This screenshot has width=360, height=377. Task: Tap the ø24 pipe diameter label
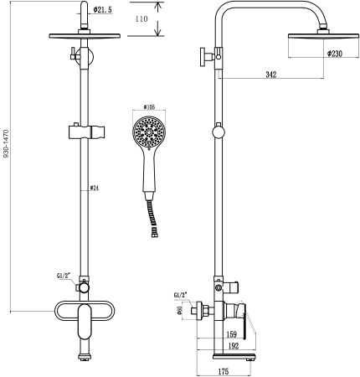[96, 188]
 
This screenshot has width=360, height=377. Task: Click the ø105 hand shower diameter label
[151, 107]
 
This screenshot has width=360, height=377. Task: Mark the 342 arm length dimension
[271, 75]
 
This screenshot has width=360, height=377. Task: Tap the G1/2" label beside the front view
[63, 274]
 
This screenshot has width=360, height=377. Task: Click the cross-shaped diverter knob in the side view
[206, 57]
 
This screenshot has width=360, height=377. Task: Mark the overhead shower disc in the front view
[84, 37]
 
